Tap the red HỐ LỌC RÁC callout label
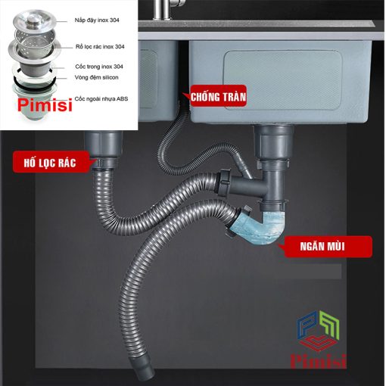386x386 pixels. pos(51,162)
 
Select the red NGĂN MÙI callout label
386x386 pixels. pos(325,247)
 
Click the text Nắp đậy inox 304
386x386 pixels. pos(97,20)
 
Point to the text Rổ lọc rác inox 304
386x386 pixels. pos(100,47)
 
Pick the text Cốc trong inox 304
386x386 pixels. pos(99,67)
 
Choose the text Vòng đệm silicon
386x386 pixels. pos(96,77)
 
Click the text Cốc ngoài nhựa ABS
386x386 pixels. pos(101,99)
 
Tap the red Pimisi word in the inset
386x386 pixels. pos(45,105)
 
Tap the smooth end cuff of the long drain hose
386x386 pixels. pos(142,369)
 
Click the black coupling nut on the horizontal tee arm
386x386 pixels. pos(223,182)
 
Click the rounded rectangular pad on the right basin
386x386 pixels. pos(282,80)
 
